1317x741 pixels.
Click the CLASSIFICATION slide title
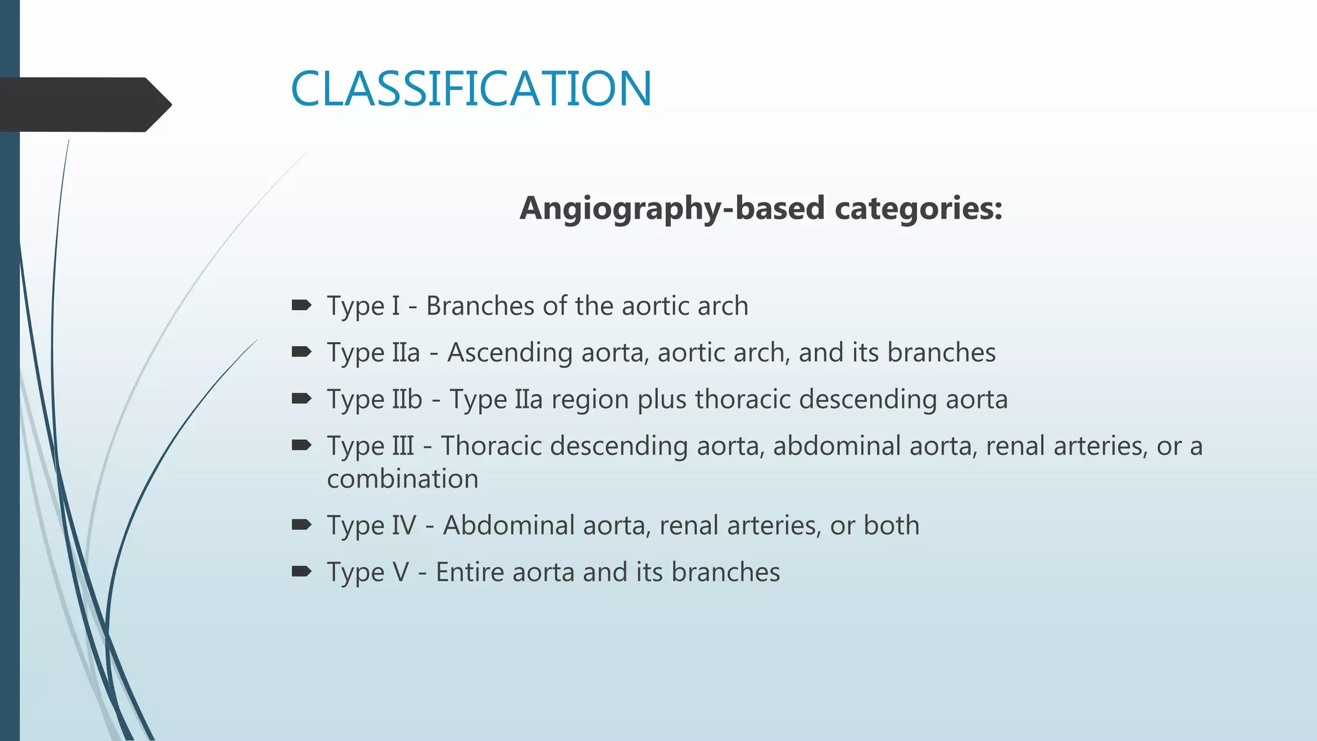(471, 89)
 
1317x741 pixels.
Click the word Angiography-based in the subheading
(672, 208)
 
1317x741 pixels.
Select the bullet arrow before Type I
(301, 305)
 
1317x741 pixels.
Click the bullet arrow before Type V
(301, 571)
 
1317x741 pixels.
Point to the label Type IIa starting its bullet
(373, 352)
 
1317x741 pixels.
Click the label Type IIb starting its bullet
(374, 399)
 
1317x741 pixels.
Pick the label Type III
(370, 446)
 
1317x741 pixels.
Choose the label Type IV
(371, 526)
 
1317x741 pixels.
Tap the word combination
(403, 479)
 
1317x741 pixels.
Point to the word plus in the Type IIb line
(662, 400)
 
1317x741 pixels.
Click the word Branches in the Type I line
(480, 306)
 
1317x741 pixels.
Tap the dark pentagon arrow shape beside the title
(84, 105)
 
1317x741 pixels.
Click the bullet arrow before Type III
(301, 445)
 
